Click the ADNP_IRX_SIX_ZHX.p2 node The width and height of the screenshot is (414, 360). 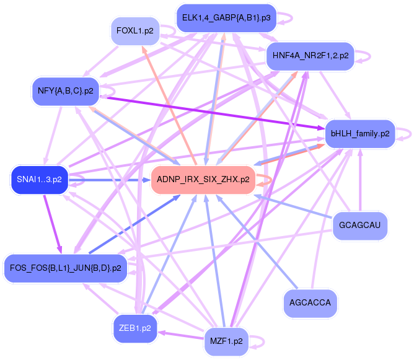pos(203,180)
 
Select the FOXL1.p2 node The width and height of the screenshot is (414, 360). pos(135,30)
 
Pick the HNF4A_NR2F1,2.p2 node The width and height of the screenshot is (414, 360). pos(309,56)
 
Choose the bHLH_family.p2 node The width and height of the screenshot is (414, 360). pos(360,133)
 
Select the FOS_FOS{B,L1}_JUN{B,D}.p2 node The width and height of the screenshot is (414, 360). pos(65,268)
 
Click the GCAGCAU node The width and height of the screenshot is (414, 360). pos(360,226)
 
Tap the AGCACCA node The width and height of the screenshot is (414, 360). pos(310,303)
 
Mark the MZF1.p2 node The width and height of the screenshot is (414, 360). pos(226,341)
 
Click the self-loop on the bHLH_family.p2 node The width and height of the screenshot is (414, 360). pos(405,133)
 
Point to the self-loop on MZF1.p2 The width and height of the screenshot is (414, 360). pos(260,341)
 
